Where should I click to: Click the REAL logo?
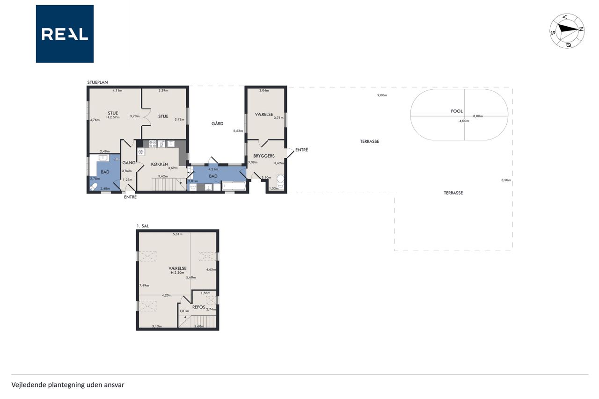[x=65, y=34]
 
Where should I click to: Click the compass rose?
[x=567, y=31]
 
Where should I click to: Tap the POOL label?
[x=456, y=111]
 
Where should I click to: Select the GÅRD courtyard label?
[x=218, y=123]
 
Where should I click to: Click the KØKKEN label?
[x=160, y=164]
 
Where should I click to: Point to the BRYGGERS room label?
[x=264, y=156]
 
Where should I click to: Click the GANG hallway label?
[x=129, y=162]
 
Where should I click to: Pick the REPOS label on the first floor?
[x=199, y=307]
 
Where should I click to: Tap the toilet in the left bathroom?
[x=94, y=187]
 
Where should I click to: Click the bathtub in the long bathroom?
[x=234, y=186]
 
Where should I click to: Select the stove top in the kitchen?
[x=153, y=144]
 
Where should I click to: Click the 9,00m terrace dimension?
[x=382, y=95]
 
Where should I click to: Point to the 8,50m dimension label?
[x=506, y=180]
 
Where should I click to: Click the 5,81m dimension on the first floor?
[x=177, y=234]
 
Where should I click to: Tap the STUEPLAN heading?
[x=98, y=82]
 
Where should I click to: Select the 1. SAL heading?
[x=143, y=226]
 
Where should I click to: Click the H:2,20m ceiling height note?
[x=177, y=273]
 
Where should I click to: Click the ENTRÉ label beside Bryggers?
[x=302, y=150]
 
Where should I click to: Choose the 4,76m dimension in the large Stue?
[x=95, y=120]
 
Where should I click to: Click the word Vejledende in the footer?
[x=29, y=385]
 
